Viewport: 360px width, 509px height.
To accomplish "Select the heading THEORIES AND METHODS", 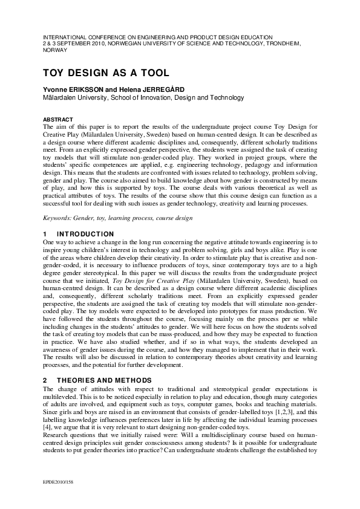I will pyautogui.click(x=103, y=380).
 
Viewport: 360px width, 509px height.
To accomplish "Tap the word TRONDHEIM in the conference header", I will pyautogui.click(x=293, y=44).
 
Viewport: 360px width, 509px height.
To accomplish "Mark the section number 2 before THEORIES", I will pyautogui.click(x=45, y=380).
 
